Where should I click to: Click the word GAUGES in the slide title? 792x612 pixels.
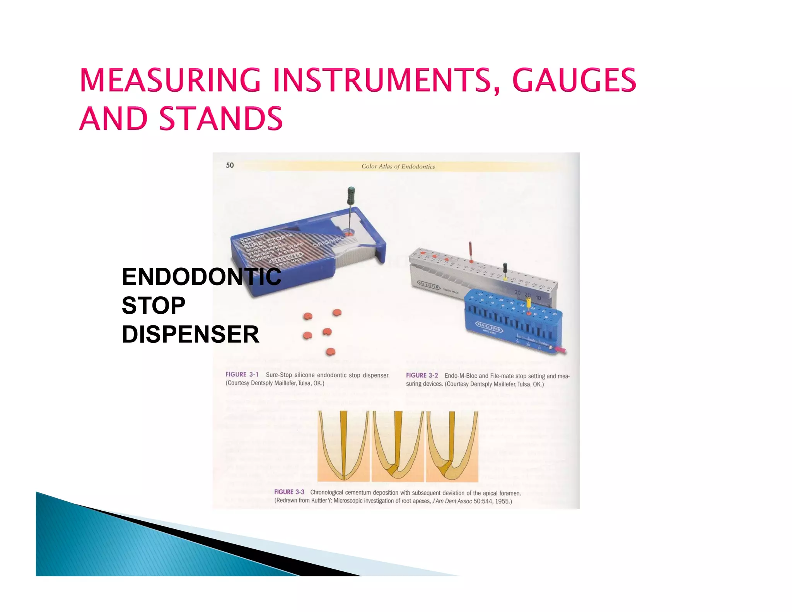pyautogui.click(x=574, y=80)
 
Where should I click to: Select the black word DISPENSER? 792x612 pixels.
pyautogui.click(x=190, y=334)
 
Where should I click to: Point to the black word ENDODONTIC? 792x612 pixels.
pyautogui.click(x=201, y=277)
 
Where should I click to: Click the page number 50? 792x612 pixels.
pyautogui.click(x=230, y=165)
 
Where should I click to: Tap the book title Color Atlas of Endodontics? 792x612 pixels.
pyautogui.click(x=398, y=166)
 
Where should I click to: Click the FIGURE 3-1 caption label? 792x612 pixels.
pyautogui.click(x=242, y=374)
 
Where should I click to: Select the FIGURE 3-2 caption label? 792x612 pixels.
pyautogui.click(x=422, y=375)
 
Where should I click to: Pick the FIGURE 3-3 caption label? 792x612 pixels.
pyautogui.click(x=289, y=492)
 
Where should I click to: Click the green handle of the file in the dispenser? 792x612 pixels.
pyautogui.click(x=351, y=195)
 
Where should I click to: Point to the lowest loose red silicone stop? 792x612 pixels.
pyautogui.click(x=330, y=352)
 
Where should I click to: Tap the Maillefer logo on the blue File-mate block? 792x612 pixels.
pyautogui.click(x=489, y=327)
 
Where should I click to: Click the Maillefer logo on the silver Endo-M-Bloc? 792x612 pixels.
pyautogui.click(x=428, y=285)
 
